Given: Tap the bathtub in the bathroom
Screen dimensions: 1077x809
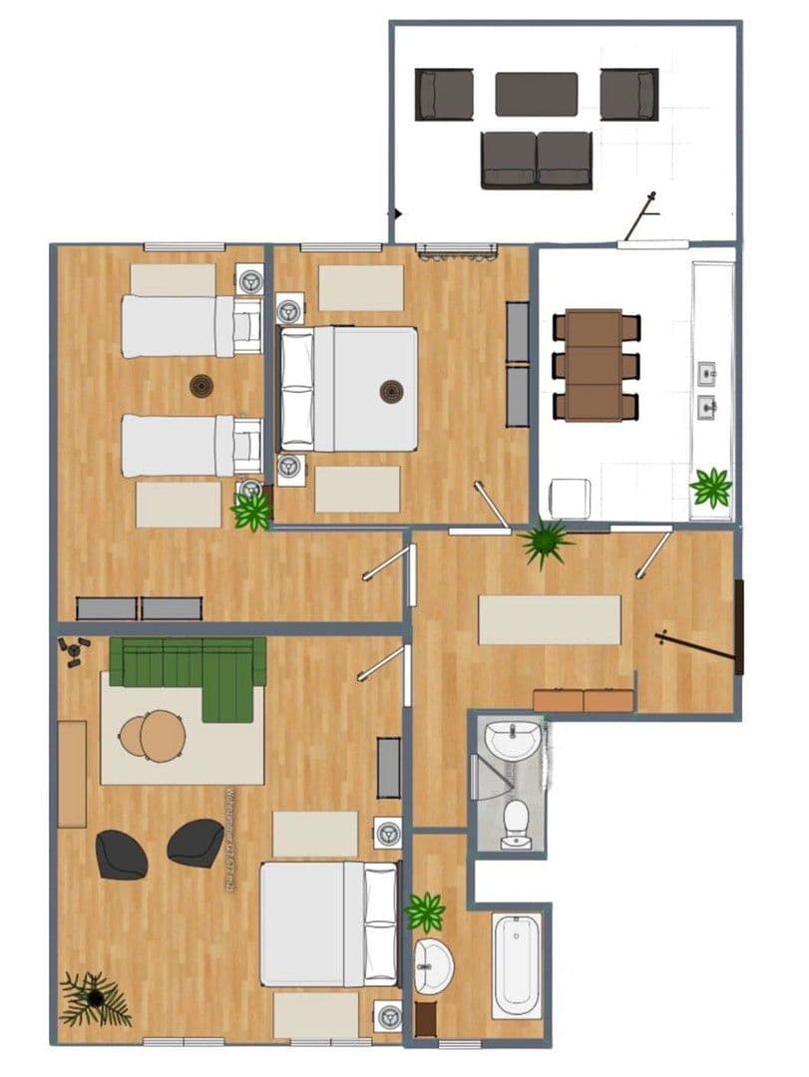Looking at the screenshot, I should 518,965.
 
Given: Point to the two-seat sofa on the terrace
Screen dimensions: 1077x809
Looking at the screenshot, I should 537,160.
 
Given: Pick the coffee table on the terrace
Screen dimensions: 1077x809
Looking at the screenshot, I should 537,94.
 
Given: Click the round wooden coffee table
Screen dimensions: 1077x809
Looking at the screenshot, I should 153,736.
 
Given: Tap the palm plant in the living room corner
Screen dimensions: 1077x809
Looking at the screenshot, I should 95,997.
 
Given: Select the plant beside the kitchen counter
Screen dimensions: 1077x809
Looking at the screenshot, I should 711,488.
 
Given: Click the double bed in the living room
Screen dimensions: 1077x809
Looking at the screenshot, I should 327,924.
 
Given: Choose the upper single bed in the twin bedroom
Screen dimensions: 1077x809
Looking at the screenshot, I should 190,325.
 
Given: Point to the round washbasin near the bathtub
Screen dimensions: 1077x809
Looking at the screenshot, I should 433,965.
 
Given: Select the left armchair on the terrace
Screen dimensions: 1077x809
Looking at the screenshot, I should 444,94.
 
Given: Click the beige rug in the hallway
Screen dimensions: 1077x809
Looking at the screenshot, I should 550,619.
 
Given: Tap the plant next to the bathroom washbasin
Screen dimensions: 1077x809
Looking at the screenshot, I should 426,911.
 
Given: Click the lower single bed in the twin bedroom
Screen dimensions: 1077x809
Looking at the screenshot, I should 190,446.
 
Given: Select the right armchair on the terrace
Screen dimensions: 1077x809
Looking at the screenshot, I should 629,94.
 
